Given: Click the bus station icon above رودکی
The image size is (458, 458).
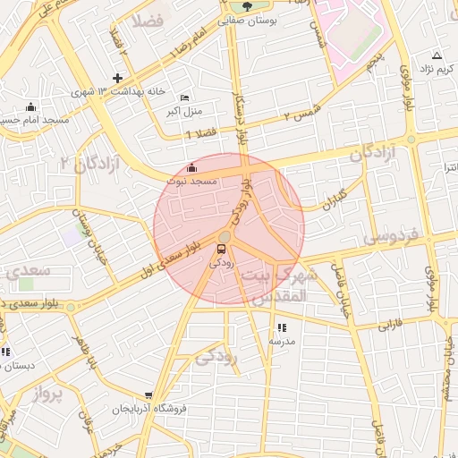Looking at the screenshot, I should point(222,248).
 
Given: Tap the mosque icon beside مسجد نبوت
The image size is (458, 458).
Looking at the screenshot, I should point(191,167).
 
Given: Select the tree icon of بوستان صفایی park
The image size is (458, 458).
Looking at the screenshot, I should point(248,6).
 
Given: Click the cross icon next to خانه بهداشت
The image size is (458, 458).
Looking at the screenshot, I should point(117,78).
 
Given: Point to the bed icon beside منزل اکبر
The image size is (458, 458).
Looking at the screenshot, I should point(184,97).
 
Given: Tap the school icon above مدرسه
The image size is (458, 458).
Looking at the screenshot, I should point(281,327).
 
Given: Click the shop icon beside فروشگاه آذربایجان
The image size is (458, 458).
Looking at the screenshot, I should point(148,394).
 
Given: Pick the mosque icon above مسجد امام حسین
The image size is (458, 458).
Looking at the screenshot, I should point(30,106).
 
